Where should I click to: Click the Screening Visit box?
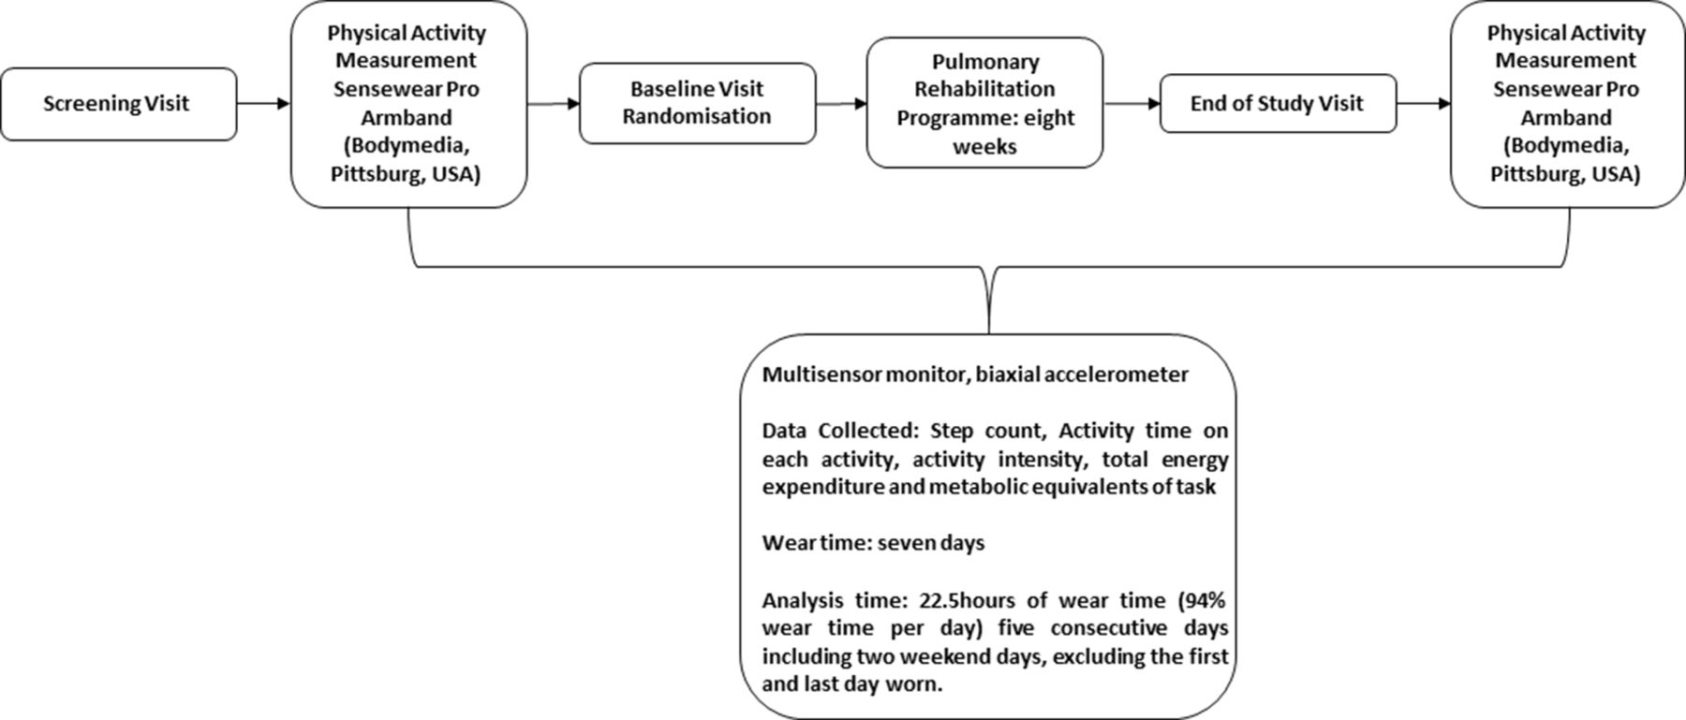tap(118, 104)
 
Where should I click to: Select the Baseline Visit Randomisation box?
tap(698, 103)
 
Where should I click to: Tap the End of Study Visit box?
tap(1278, 104)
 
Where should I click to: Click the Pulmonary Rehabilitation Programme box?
tap(984, 103)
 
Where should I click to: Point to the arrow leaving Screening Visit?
tap(264, 104)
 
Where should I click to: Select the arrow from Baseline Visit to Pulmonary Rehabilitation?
tap(841, 104)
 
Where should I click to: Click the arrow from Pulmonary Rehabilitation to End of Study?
tap(1131, 104)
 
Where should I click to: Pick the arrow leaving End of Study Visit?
tap(1424, 104)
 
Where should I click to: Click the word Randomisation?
tap(697, 117)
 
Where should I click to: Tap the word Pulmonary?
tap(985, 62)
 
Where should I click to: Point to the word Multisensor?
tap(821, 375)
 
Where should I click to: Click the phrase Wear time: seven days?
tap(873, 543)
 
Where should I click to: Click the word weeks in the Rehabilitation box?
tap(984, 147)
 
